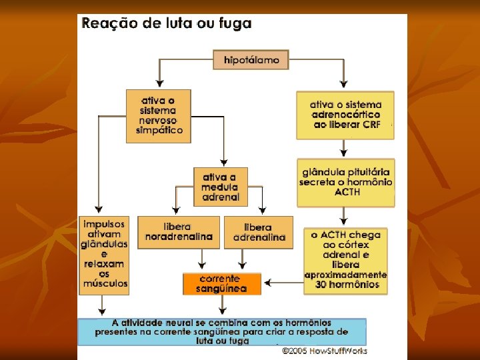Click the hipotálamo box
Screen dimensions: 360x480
(251, 59)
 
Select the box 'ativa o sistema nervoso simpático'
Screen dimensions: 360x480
(159, 116)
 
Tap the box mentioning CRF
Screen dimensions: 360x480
(345, 115)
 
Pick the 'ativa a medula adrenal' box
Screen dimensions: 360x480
(221, 186)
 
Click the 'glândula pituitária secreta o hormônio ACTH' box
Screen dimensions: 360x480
(345, 182)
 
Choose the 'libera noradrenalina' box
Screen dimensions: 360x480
(179, 232)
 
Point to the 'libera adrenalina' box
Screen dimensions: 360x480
(259, 232)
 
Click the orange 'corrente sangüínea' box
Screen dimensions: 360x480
(222, 283)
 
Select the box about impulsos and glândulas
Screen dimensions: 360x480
(105, 255)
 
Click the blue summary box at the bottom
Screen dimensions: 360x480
(222, 331)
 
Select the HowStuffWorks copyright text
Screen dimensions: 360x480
(324, 350)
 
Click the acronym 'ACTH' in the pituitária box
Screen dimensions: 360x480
(347, 192)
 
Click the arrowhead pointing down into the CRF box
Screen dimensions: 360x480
(344, 85)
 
